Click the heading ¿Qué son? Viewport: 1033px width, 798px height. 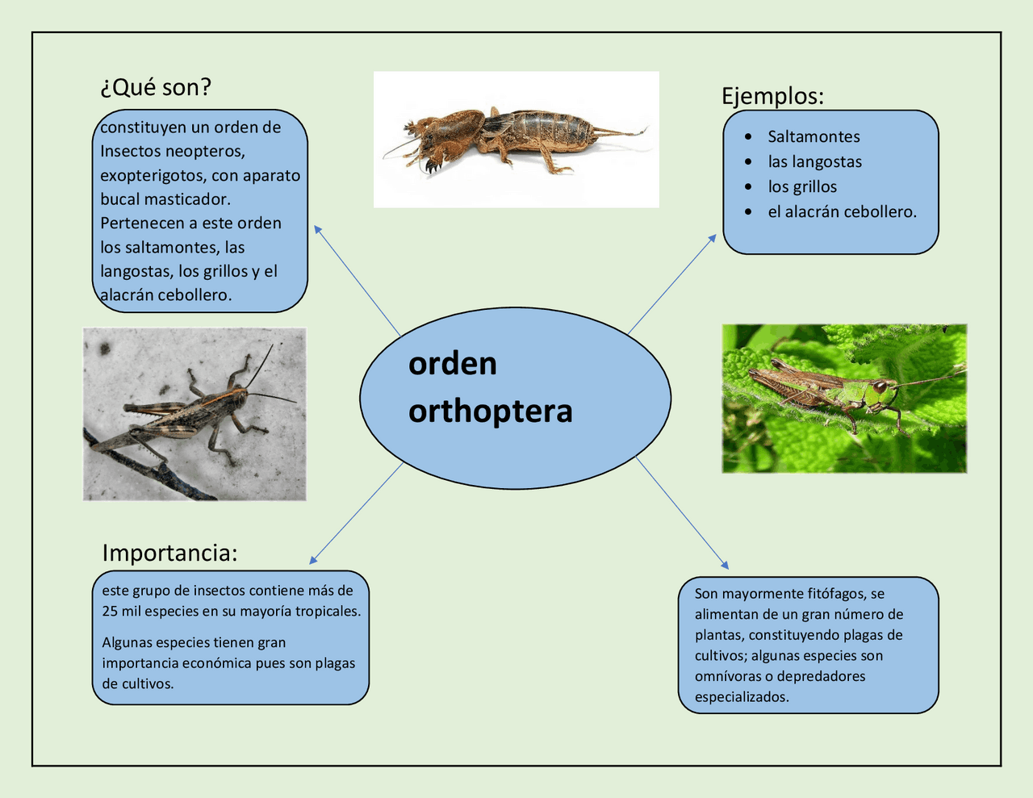click(x=156, y=87)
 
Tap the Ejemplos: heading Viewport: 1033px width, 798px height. click(x=772, y=97)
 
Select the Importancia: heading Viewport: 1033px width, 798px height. click(x=169, y=554)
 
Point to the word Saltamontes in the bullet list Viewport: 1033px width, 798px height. click(x=813, y=137)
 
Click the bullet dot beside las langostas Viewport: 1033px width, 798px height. click(x=748, y=162)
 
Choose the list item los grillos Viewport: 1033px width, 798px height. click(x=802, y=186)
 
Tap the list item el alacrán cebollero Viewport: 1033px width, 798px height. click(x=842, y=212)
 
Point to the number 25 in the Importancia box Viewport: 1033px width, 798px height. click(x=110, y=612)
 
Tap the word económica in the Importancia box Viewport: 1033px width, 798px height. click(x=217, y=663)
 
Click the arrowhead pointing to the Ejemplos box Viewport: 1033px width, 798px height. click(x=713, y=238)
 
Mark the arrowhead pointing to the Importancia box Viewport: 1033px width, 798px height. click(x=313, y=560)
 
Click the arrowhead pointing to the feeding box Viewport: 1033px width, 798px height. click(x=725, y=565)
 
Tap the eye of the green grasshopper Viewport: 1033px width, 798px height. click(x=880, y=386)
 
